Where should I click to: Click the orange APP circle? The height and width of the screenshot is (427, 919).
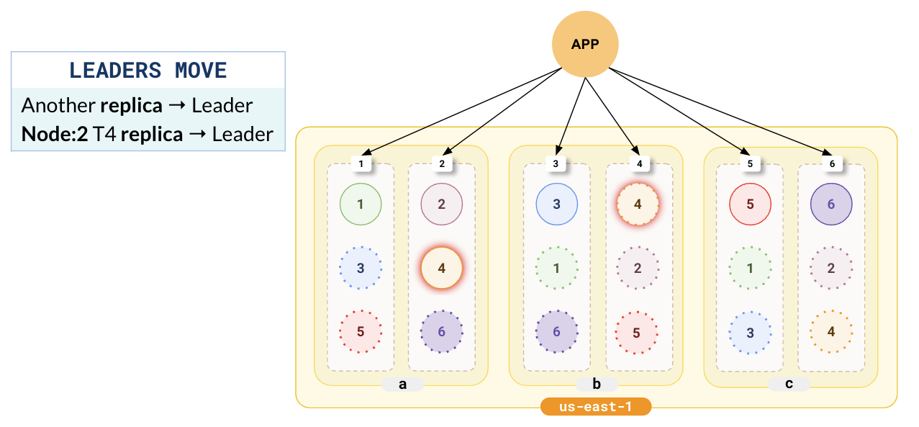[585, 44]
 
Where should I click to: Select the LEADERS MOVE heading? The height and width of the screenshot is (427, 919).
[148, 71]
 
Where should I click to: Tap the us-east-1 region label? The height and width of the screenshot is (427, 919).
[596, 407]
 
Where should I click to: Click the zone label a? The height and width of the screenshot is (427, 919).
[402, 384]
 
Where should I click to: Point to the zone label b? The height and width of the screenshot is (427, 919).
[597, 384]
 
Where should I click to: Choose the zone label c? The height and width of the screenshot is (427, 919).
[789, 384]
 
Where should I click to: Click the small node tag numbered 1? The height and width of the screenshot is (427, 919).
[361, 164]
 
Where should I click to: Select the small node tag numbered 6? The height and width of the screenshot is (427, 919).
[832, 164]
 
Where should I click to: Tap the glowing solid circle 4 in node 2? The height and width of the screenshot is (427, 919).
[442, 268]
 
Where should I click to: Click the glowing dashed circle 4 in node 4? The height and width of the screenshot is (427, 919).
[638, 204]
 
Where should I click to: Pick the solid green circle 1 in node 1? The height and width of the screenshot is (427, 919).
[361, 204]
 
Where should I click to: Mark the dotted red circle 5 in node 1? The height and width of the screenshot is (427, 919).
[361, 332]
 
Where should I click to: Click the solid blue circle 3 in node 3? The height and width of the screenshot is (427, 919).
[556, 204]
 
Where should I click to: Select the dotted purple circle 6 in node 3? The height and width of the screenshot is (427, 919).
[556, 332]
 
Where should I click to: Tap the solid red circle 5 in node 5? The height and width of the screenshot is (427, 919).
[750, 204]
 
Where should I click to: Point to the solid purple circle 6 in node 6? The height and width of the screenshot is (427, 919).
[831, 204]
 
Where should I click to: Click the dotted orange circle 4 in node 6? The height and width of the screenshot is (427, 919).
[831, 332]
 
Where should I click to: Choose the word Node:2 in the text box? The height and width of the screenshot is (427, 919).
[55, 134]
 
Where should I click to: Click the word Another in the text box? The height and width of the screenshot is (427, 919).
[58, 106]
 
